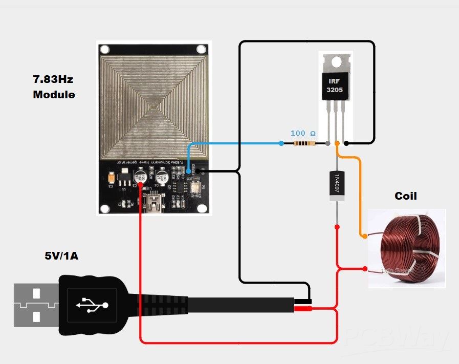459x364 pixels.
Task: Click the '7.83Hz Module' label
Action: click(x=54, y=87)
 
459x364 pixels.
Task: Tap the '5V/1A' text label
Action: click(x=61, y=255)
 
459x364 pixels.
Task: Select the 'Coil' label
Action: click(x=405, y=196)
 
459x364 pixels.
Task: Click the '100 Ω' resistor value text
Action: click(x=303, y=133)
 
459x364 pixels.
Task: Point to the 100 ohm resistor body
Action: click(x=305, y=144)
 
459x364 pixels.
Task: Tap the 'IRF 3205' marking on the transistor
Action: click(x=335, y=85)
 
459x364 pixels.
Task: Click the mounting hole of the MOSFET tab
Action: click(x=336, y=62)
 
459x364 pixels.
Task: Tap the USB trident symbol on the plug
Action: click(x=93, y=305)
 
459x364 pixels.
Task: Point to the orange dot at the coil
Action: click(x=364, y=236)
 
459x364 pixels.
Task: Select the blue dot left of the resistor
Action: click(x=281, y=144)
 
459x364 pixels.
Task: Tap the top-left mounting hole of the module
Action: click(x=105, y=50)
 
